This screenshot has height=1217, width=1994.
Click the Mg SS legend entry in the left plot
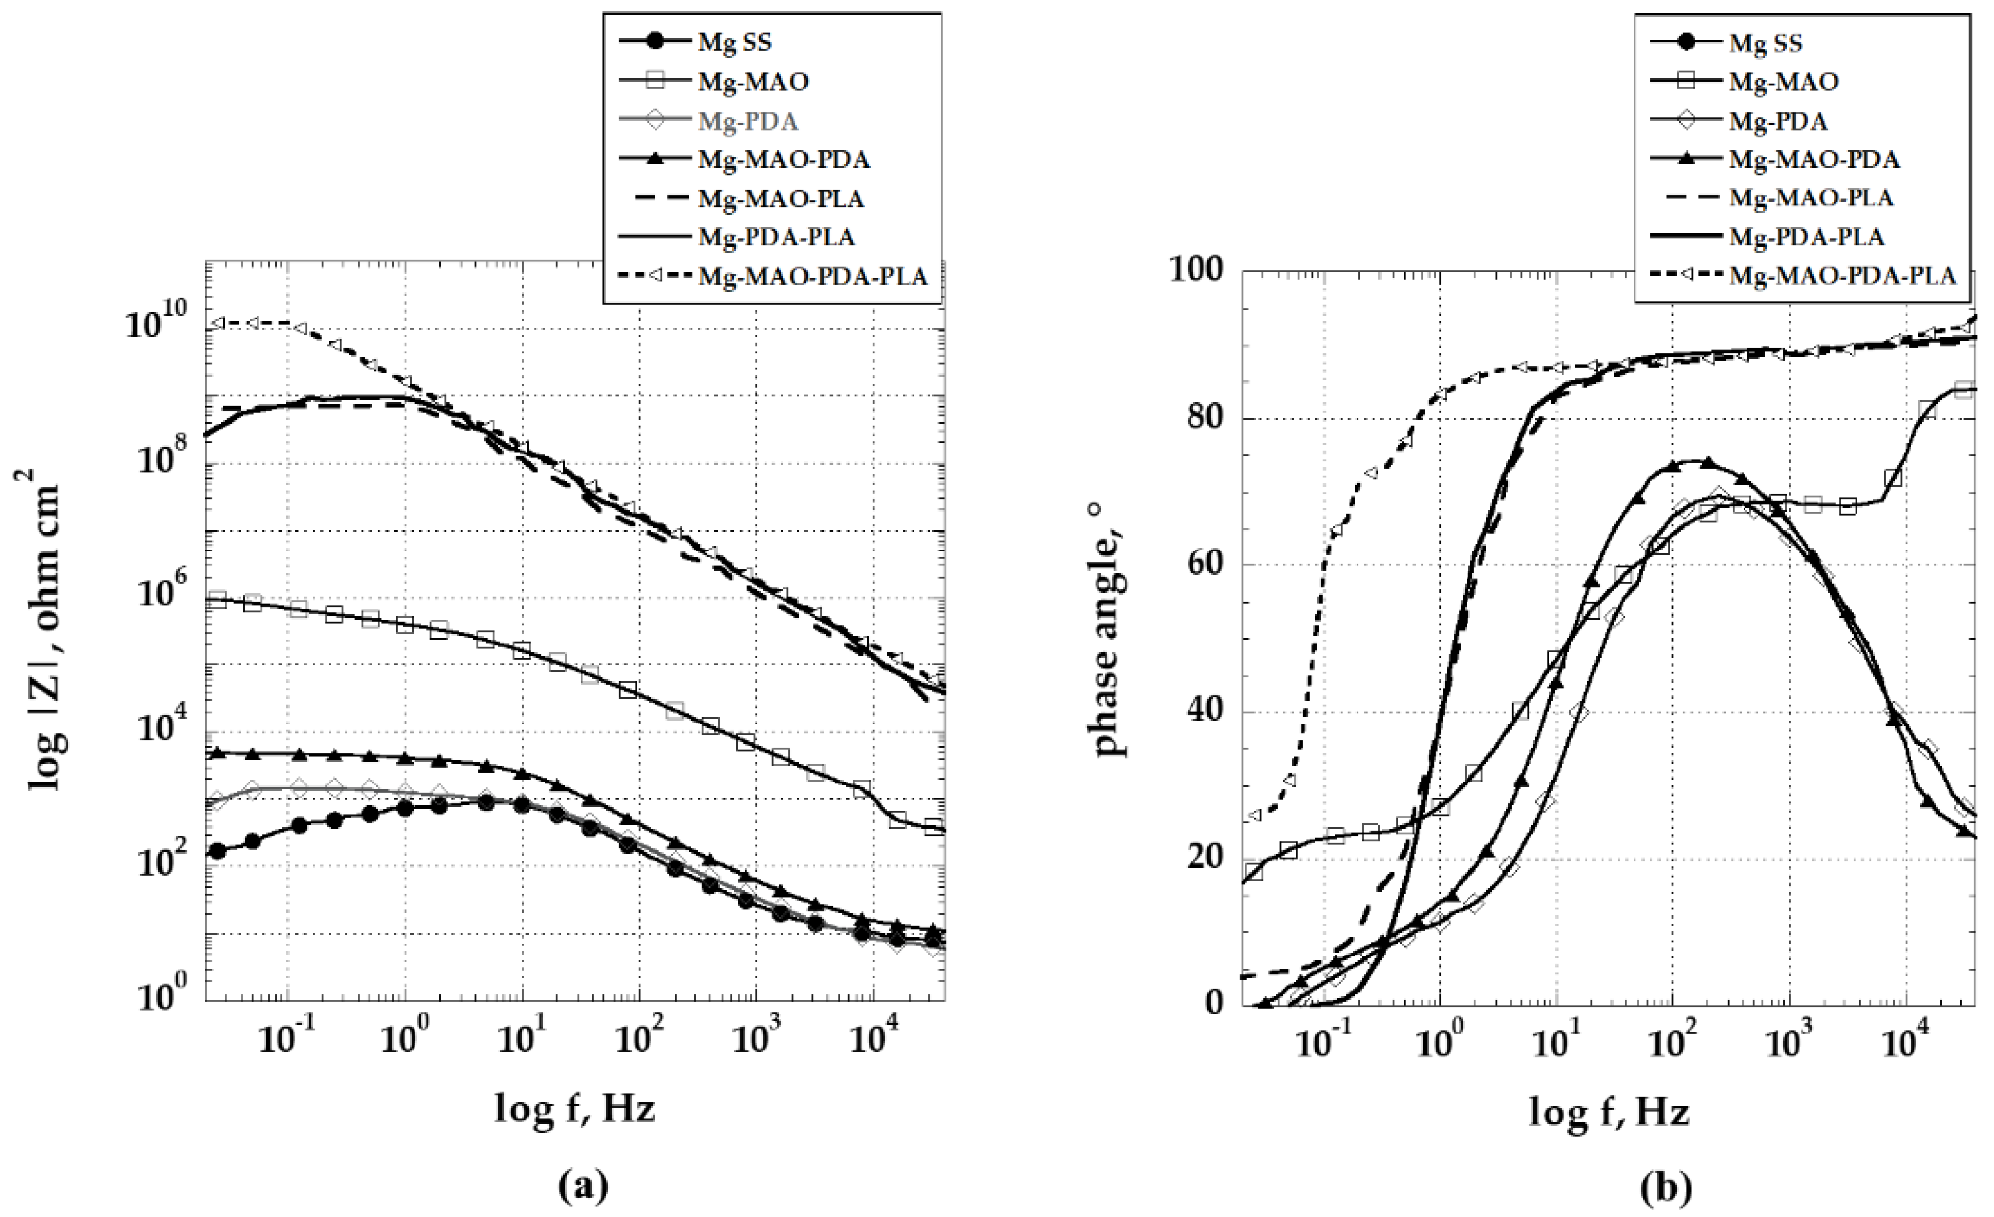tap(735, 42)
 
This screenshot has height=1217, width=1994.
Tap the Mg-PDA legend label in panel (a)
tap(748, 121)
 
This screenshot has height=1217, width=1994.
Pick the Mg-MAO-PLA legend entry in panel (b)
tap(1811, 198)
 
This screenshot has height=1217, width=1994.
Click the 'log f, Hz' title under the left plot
tap(575, 1107)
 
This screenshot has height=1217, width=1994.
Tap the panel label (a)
tap(583, 1187)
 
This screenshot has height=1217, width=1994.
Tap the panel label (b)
tap(1665, 1187)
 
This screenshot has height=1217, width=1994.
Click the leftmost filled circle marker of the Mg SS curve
tap(217, 851)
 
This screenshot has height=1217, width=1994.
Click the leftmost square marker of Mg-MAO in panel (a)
tap(217, 600)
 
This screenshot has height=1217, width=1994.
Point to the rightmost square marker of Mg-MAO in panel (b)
tap(1962, 390)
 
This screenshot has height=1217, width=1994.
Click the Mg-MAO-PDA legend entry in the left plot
tap(783, 160)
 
